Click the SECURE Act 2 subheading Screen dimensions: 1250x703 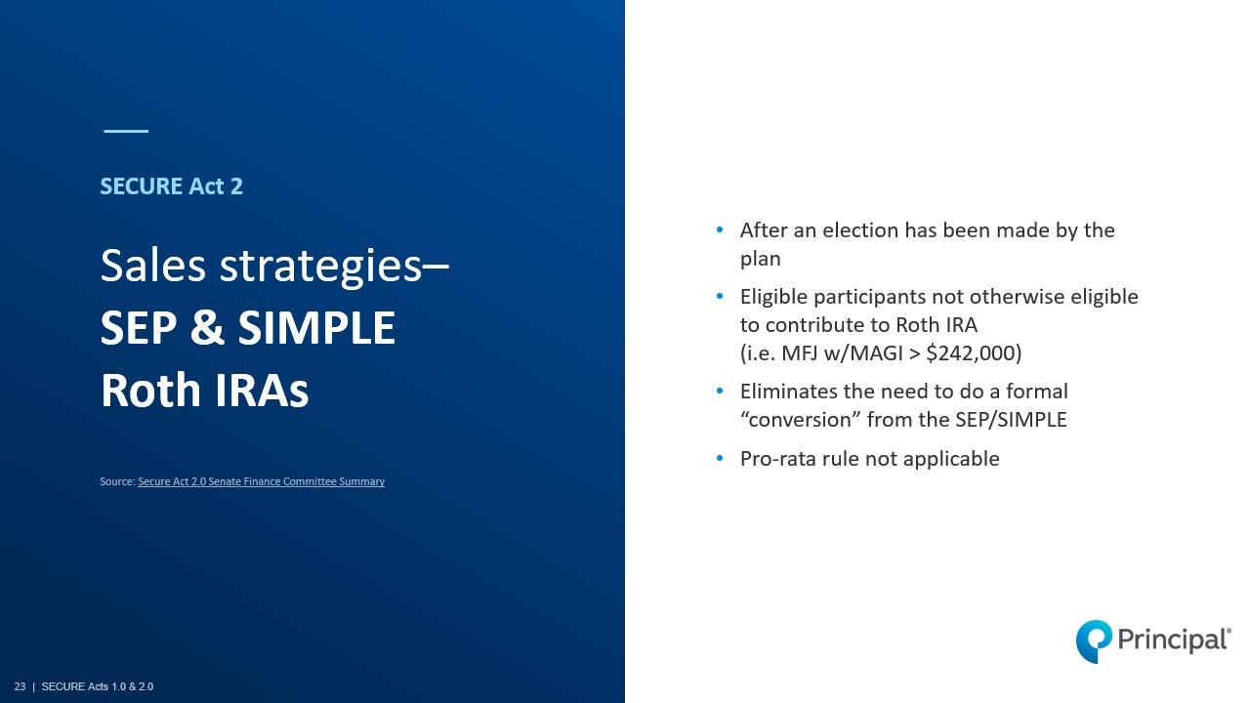171,186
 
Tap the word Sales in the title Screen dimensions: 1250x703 153,266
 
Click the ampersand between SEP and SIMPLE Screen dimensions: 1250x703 208,327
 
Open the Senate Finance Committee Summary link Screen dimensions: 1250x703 261,481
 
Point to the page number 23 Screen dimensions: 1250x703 21,686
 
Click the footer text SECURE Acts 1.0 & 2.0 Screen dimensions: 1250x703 98,686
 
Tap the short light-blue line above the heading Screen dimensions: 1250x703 126,131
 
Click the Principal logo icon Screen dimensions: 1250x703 1094,641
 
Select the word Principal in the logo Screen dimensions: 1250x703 1174,640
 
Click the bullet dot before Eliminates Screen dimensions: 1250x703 720,392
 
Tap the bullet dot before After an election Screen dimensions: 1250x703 720,229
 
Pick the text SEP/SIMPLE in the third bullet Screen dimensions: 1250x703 1011,420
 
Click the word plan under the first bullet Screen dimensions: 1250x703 760,260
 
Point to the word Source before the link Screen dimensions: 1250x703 117,481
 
